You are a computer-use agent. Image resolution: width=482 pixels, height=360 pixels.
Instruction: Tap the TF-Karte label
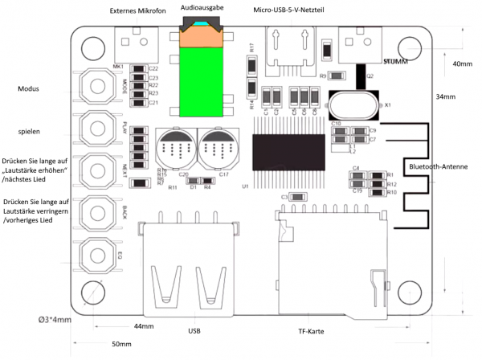coord(312,330)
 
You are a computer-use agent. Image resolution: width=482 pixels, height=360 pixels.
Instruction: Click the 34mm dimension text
coord(446,96)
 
